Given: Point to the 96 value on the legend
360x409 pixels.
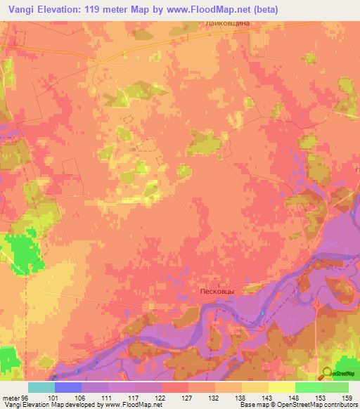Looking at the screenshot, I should coord(25,397).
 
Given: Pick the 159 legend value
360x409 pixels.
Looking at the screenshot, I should coord(348,397).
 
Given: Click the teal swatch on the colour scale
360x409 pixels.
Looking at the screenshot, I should coord(41,387).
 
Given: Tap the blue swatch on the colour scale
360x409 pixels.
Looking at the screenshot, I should coord(68,387).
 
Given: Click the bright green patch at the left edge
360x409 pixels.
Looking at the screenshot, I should coord(24,252).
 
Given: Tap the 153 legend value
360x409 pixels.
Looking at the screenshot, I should coord(321,397).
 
